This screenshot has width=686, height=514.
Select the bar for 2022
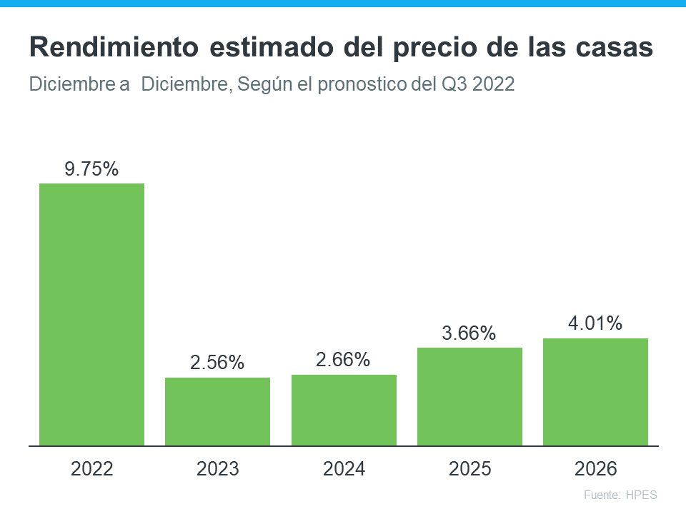[91, 314]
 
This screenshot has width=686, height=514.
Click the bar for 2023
[218, 412]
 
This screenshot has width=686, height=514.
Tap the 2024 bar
[344, 410]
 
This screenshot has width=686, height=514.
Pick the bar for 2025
[469, 397]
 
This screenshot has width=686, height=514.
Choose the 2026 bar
[596, 392]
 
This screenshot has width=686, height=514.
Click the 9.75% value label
[91, 169]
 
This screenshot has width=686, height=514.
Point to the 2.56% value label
[218, 363]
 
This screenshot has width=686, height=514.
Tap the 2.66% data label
[344, 360]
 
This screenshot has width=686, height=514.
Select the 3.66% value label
[469, 333]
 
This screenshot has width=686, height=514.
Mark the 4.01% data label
[596, 323]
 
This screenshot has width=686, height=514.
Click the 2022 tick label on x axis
[91, 469]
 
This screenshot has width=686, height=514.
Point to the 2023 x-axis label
[218, 469]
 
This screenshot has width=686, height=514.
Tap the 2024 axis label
[344, 469]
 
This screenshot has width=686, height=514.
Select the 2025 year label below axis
[469, 469]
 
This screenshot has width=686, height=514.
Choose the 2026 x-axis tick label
[596, 469]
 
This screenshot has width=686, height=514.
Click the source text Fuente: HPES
[620, 495]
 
